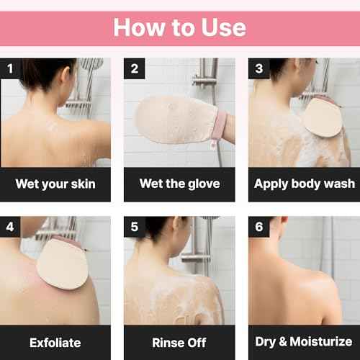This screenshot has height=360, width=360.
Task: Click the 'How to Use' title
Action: [179, 28]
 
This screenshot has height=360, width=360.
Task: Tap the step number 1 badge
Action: [10, 70]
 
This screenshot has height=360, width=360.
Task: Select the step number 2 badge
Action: [135, 70]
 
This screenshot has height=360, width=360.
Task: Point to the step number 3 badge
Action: [258, 70]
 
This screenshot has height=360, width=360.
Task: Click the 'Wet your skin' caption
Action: [55, 184]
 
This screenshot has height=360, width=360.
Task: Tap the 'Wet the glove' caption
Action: [179, 184]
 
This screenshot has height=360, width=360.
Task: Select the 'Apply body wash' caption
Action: [304, 184]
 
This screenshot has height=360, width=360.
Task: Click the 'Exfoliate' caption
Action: [55, 341]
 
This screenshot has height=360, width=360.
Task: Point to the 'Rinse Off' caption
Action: [179, 341]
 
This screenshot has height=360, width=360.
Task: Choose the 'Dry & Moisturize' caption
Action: [304, 341]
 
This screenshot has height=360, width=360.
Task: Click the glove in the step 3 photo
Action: [321, 117]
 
